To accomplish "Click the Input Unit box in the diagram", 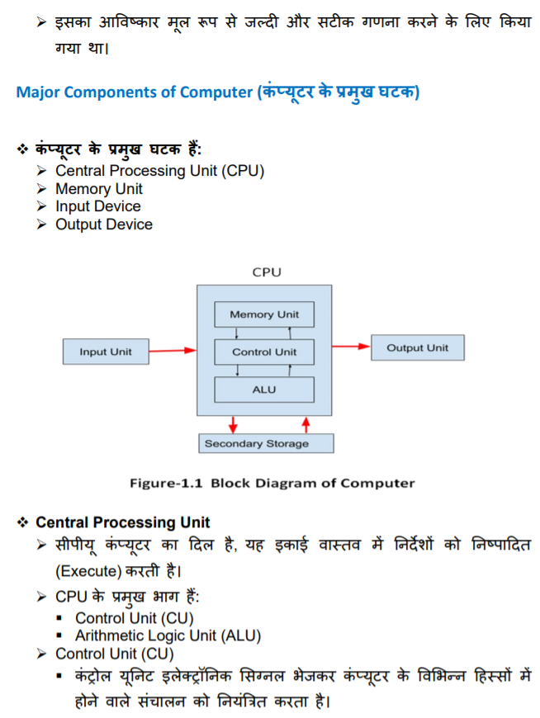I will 105,352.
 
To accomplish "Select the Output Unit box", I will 417,347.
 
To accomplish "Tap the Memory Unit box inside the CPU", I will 264,314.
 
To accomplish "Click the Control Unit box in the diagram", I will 264,352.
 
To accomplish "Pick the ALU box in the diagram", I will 264,389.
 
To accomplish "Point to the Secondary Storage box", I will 266,443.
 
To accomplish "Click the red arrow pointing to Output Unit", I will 351,347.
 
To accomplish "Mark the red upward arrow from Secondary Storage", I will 306,424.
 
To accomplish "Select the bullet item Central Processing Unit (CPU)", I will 159,171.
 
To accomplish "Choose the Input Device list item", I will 97,206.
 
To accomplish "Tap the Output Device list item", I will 103,224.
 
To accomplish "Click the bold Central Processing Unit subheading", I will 122,522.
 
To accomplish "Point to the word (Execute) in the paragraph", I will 88,570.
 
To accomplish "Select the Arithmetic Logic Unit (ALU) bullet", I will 168,635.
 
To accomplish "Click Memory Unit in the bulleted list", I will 98,189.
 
